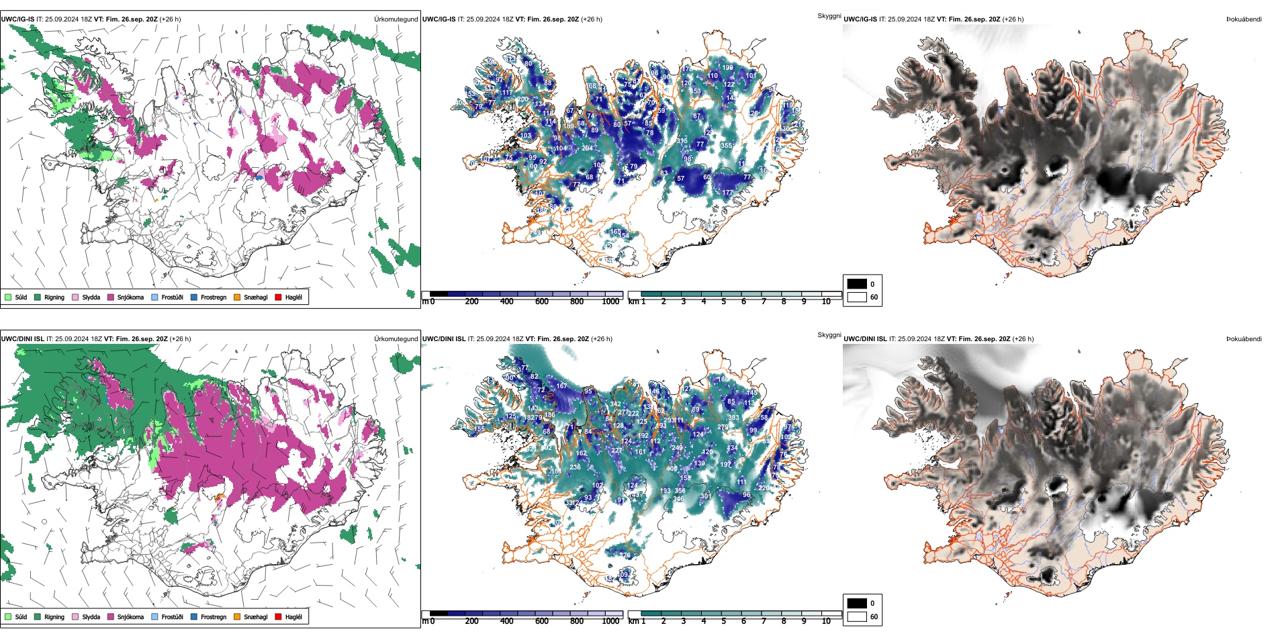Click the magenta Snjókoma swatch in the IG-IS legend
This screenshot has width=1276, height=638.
click(x=110, y=297)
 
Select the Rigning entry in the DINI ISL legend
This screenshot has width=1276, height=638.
click(x=54, y=617)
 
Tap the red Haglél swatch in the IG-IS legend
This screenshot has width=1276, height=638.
click(x=278, y=297)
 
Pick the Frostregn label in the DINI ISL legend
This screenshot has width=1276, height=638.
click(x=213, y=617)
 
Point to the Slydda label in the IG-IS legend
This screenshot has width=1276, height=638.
click(x=91, y=297)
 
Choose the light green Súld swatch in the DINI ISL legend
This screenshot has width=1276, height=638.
click(x=8, y=617)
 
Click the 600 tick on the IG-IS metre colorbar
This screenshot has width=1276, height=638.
click(x=542, y=302)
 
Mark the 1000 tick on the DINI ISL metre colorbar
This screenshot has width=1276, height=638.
click(x=610, y=621)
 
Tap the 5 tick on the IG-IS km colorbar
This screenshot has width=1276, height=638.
click(x=723, y=302)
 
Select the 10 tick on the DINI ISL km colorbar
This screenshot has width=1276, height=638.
click(x=826, y=621)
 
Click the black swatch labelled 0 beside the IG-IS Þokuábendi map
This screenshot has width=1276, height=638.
click(x=857, y=284)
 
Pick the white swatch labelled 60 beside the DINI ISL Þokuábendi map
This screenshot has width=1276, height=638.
click(x=857, y=617)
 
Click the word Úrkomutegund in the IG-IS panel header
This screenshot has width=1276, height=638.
click(x=396, y=19)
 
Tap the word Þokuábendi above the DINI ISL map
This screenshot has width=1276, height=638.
click(x=1244, y=339)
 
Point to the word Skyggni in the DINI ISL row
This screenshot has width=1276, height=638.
click(x=829, y=334)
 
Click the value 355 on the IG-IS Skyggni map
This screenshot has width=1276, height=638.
click(x=726, y=146)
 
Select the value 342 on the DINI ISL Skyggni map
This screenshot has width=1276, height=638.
click(x=615, y=405)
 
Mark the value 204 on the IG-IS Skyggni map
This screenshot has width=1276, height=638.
click(x=587, y=148)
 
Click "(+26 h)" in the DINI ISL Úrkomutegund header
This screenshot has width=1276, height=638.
click(x=180, y=339)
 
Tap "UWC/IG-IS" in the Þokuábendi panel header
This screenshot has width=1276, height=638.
click(x=860, y=19)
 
